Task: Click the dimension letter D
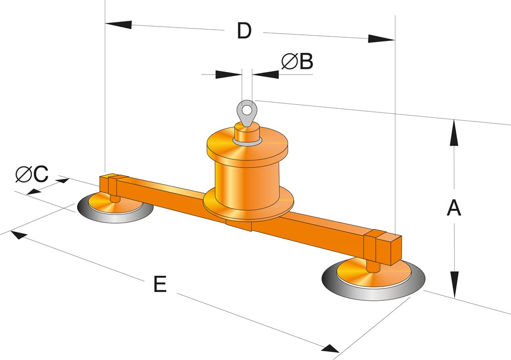tap(244, 31)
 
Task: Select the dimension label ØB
tap(297, 62)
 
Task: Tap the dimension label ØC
tap(32, 175)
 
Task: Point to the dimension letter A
tap(454, 208)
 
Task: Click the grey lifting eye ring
tap(247, 109)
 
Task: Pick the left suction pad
tap(115, 208)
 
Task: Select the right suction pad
tap(373, 279)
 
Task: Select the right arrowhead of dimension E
tap(330, 348)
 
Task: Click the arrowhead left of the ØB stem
tap(228, 75)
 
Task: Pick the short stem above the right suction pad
tap(373, 266)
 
